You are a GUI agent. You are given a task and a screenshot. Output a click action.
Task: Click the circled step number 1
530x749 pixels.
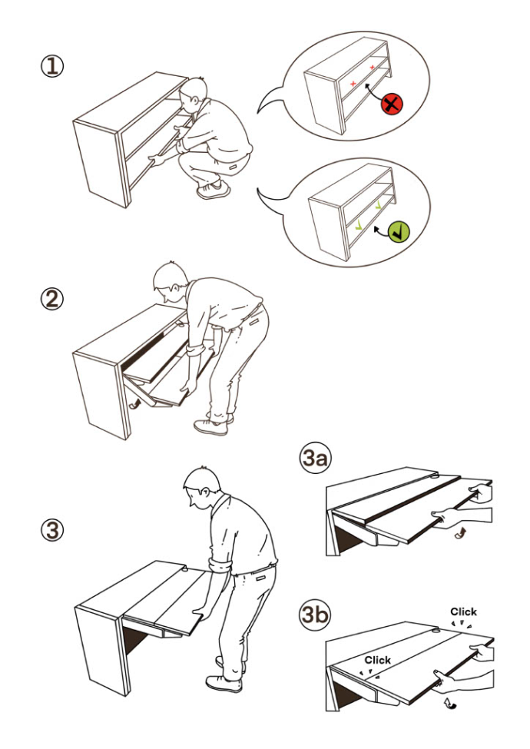51,67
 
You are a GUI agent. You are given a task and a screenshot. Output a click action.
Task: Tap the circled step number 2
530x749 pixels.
51,300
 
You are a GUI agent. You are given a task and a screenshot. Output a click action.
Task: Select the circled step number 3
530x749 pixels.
51,531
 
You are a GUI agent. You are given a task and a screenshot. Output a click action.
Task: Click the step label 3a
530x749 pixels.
315,459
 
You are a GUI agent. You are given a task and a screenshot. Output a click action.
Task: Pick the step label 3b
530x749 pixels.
315,615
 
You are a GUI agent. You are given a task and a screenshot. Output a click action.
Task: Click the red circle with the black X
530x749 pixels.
392,104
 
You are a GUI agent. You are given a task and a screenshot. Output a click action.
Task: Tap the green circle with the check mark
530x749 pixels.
398,232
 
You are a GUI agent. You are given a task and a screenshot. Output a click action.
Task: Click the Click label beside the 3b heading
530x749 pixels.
463,612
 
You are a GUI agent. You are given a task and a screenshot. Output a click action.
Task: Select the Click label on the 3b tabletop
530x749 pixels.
377,660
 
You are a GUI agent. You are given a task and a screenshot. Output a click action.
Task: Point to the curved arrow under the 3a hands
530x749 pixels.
460,534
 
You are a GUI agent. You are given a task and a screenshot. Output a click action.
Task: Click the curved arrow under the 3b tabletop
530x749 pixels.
450,701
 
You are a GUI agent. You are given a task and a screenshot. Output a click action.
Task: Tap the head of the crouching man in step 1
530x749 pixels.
194,95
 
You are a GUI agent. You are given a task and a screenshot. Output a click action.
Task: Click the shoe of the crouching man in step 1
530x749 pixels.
214,190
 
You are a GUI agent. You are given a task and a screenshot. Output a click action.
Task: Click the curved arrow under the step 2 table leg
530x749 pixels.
134,405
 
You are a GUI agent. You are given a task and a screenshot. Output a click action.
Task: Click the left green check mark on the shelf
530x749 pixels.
358,227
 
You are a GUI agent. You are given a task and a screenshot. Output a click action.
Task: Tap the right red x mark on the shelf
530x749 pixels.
372,68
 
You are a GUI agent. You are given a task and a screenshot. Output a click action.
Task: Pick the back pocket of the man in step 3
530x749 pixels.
260,578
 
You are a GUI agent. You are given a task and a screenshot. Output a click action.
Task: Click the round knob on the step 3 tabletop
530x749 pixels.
184,569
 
